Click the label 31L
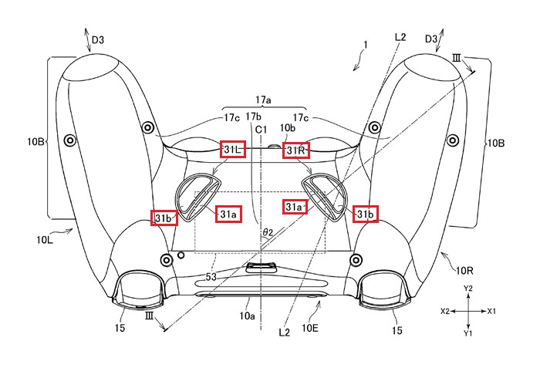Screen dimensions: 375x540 233,149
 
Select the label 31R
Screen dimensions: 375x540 296,150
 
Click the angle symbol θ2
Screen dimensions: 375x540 268,231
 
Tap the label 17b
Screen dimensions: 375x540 253,117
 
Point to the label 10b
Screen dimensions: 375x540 287,127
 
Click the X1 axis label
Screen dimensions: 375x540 491,311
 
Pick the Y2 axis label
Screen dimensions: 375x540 467,288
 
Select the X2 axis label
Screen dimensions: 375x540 445,311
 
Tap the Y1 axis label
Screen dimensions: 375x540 467,334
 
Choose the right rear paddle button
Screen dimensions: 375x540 326,197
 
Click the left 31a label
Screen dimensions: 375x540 228,213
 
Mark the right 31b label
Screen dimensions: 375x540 366,213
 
